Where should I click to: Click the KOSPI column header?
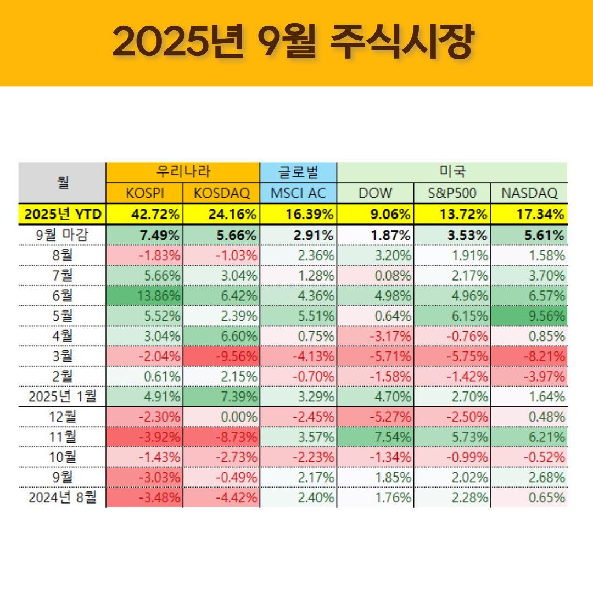[144, 193]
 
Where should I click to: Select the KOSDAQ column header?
[222, 193]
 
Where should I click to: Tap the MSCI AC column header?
[298, 193]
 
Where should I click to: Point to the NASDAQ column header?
[529, 193]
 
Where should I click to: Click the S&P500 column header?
[452, 193]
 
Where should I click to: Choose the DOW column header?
[376, 193]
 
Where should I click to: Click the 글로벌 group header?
[298, 172]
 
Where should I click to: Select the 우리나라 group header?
[182, 172]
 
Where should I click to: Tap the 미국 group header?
[452, 172]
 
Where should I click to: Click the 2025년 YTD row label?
[62, 214]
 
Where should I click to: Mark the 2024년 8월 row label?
[62, 498]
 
